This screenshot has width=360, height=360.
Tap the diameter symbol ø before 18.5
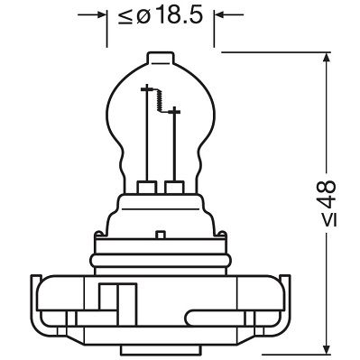[x=147, y=15]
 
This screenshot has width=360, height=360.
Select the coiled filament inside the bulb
[x=161, y=100]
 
